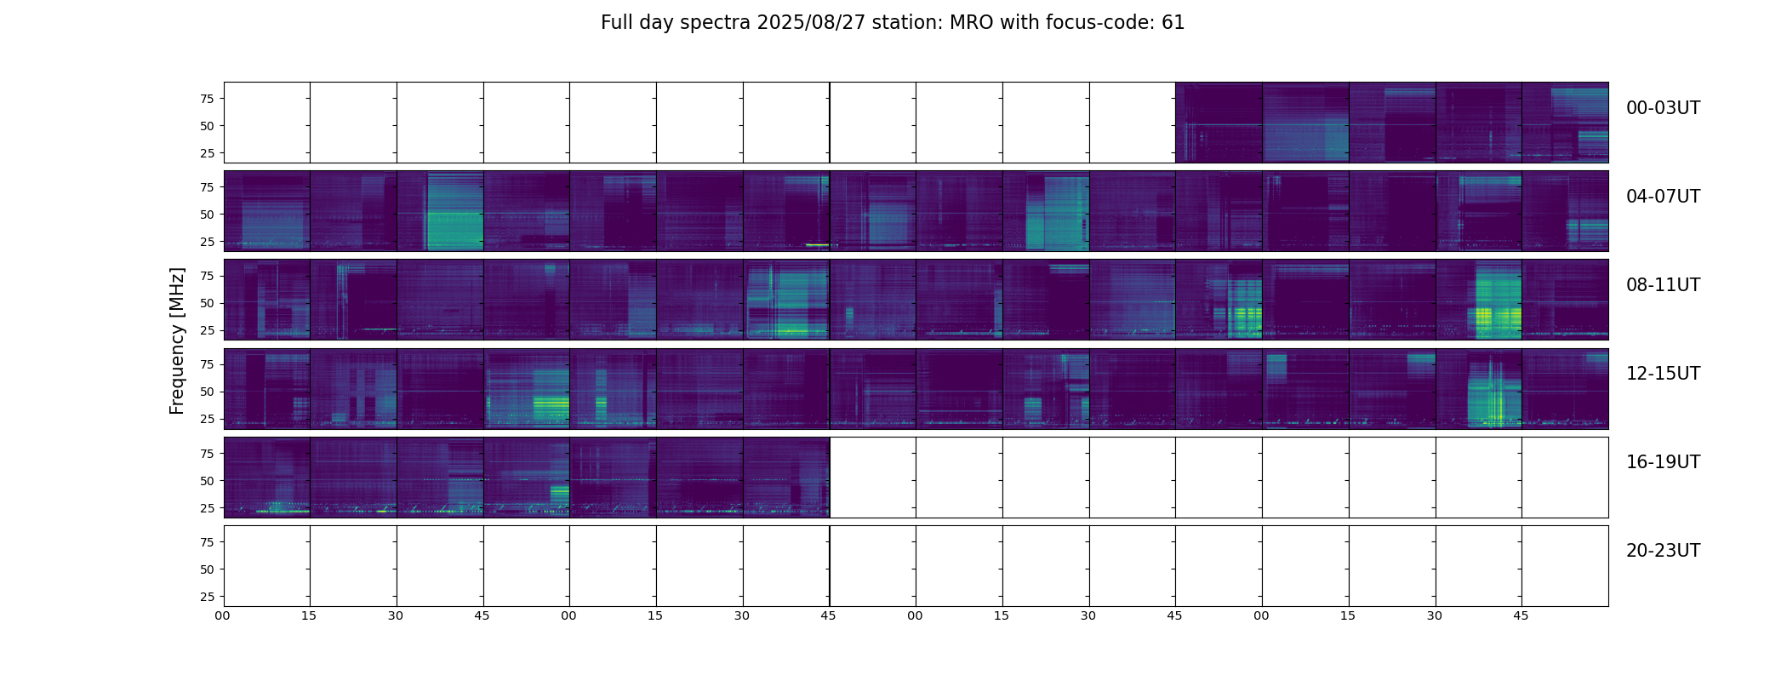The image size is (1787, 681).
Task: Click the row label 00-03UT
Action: click(1663, 108)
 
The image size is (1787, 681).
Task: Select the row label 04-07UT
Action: click(1663, 197)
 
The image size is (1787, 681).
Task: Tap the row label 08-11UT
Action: click(1663, 285)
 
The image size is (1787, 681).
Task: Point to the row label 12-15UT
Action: click(1663, 374)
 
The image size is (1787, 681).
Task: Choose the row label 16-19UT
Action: click(1663, 462)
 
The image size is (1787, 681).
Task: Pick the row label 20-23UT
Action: click(1663, 551)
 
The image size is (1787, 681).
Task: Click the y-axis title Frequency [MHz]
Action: click(177, 340)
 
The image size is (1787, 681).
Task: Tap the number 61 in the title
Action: click(1173, 23)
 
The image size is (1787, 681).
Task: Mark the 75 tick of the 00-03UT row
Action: click(207, 99)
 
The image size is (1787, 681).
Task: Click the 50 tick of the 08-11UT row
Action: click(207, 303)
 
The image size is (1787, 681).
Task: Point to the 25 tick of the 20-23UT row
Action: click(207, 597)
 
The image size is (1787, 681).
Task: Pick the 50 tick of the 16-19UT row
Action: click(207, 481)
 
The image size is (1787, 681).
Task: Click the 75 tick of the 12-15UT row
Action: click(207, 364)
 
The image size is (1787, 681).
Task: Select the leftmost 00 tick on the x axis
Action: click(223, 615)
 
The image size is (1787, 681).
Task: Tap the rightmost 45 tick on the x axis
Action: click(1521, 615)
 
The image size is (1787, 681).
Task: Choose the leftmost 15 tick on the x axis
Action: click(309, 615)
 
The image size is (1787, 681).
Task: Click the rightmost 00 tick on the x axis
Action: click(1261, 615)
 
